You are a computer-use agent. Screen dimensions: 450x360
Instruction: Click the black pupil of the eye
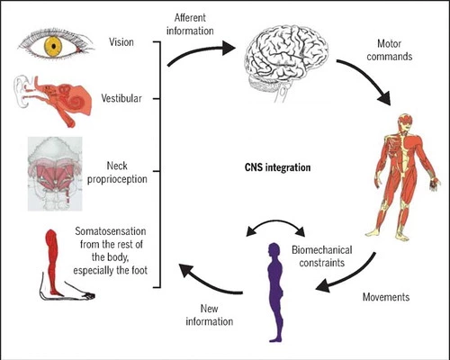54,46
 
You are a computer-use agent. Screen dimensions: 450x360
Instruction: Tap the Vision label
121,42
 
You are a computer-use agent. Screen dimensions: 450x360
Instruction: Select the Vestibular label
121,98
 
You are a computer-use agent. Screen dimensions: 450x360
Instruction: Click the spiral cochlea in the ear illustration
75,102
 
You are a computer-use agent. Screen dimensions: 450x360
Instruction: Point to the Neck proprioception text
117,173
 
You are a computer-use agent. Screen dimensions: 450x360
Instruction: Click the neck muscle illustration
55,174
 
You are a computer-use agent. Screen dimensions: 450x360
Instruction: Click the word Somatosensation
111,231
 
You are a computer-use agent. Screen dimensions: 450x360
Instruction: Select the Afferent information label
190,24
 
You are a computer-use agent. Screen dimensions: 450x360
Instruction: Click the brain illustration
285,61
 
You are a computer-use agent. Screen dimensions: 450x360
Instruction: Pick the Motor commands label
390,50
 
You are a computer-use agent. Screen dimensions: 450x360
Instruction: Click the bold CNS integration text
277,167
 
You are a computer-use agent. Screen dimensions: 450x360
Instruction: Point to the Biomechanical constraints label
322,256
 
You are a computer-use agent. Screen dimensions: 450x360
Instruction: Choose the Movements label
386,297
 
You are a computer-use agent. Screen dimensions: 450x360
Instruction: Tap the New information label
210,315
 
